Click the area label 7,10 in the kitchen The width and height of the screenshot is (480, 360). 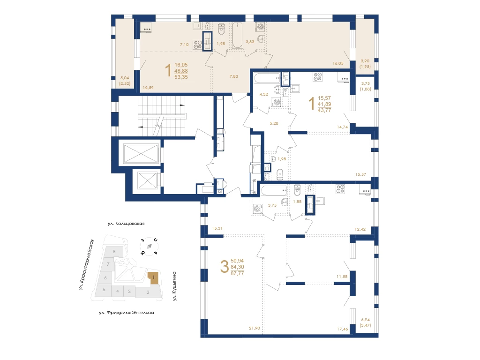tap(184, 45)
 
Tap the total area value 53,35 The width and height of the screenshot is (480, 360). tap(181, 77)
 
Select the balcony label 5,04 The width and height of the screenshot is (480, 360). tap(125, 78)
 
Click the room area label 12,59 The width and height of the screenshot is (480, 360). tap(148, 88)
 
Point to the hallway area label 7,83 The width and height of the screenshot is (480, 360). tap(233, 76)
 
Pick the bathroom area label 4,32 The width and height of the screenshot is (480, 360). tap(263, 94)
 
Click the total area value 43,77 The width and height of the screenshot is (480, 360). tap(324, 111)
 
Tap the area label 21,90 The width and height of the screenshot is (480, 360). tap(255, 328)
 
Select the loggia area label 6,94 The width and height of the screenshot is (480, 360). tap(365, 320)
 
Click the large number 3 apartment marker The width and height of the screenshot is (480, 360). tap(225, 267)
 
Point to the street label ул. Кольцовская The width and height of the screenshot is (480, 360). tap(126, 224)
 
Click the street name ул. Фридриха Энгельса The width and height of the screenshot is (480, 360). tap(127, 313)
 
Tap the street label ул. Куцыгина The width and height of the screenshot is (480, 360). tap(174, 286)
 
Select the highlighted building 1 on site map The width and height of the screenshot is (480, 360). tap(153, 278)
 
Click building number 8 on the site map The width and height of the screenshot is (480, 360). tap(114, 252)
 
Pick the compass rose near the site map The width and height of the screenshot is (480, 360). tap(149, 246)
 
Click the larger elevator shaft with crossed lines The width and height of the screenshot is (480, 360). tap(141, 153)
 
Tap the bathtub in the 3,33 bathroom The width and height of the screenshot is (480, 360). tap(237, 36)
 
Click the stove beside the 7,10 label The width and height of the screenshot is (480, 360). tap(197, 45)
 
